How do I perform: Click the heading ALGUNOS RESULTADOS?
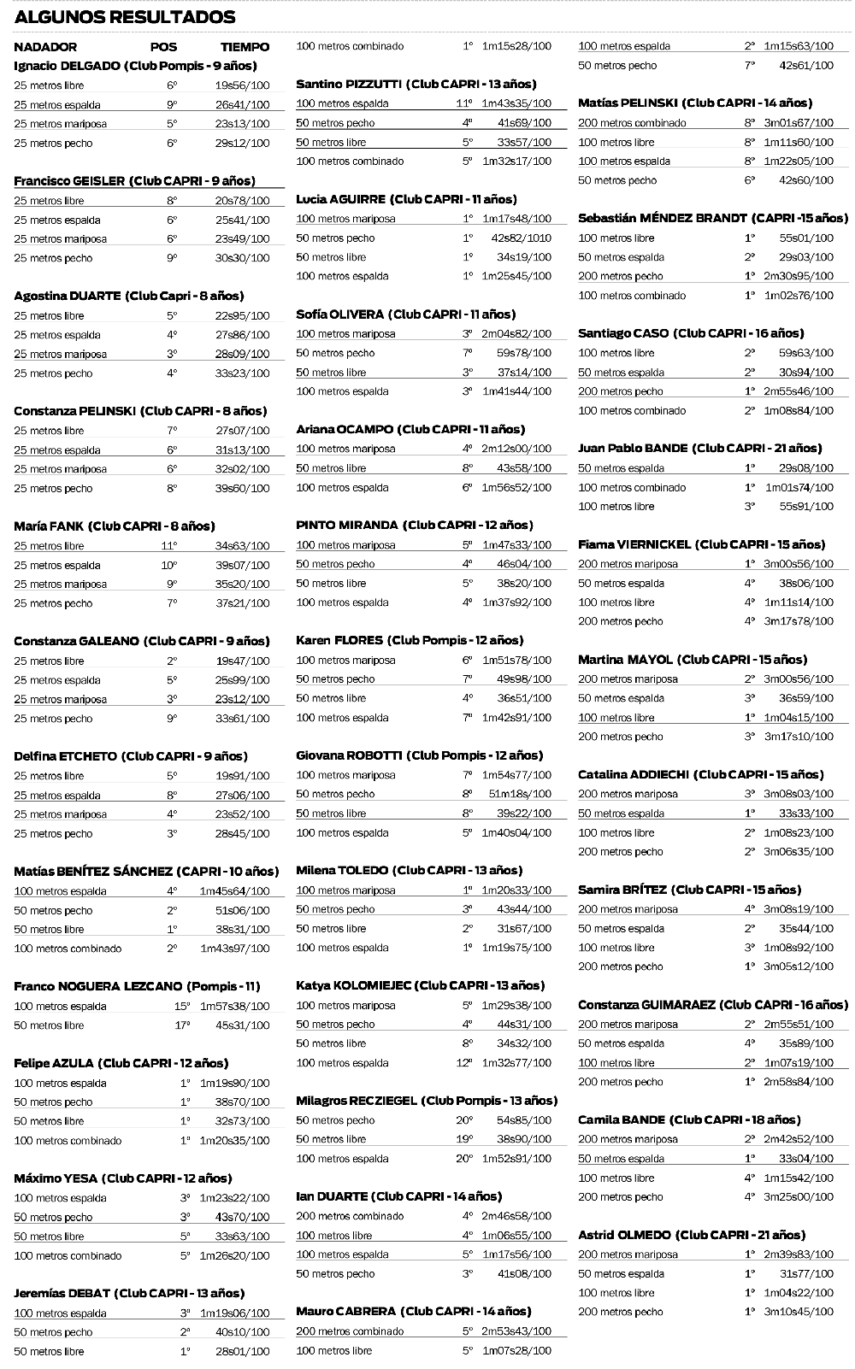pos(125,17)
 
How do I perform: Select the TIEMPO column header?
pos(245,47)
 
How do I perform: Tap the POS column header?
pos(163,47)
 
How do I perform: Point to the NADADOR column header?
pos(45,47)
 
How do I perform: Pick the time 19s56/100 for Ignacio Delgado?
pos(242,85)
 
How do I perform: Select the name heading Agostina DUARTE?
pos(68,296)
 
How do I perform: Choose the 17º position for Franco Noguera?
pos(181,1025)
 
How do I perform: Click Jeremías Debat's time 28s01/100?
pos(242,1352)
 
